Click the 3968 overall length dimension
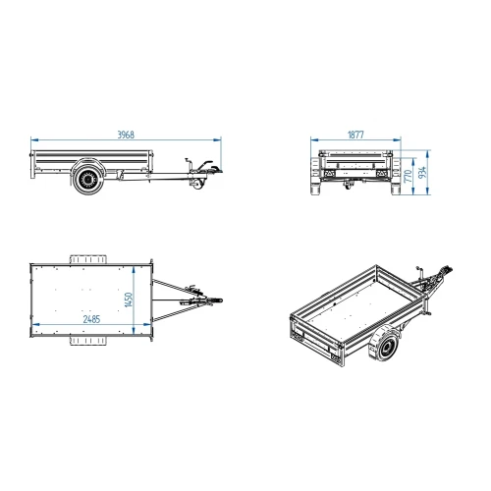(x=126, y=135)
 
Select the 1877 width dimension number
(x=355, y=135)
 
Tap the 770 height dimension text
(x=408, y=176)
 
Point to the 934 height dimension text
(x=423, y=173)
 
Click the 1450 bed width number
(x=129, y=300)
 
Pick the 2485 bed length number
(x=91, y=319)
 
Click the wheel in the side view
(x=87, y=179)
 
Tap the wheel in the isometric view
(x=384, y=345)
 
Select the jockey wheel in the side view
(x=197, y=184)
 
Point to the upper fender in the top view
(x=88, y=259)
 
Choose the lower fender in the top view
(x=88, y=341)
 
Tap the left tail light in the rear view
(x=330, y=173)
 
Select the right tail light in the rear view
(x=381, y=173)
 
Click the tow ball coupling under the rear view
(x=348, y=185)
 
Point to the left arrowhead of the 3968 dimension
(x=34, y=140)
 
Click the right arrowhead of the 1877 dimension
(x=397, y=140)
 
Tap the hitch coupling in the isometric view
(x=445, y=272)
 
